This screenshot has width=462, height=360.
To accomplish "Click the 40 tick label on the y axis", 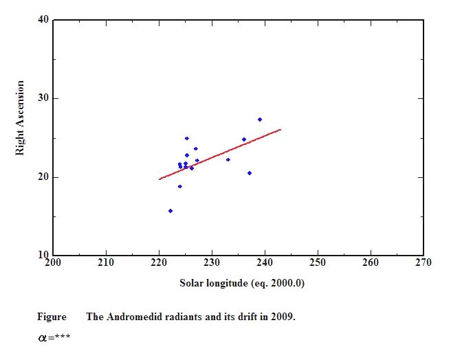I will (43, 19).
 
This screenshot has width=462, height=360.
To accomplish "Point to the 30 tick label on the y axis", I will (43, 98).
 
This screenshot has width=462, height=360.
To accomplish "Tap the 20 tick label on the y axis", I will (43, 177).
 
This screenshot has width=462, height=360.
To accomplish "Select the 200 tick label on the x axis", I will (53, 262).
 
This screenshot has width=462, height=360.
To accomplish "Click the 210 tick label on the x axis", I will (106, 262).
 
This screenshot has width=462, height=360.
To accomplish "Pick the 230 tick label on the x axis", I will (212, 262).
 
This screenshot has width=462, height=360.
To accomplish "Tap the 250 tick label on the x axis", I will (318, 262).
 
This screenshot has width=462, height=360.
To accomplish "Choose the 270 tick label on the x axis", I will (423, 262).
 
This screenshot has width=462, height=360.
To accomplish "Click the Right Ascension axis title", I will (20, 117).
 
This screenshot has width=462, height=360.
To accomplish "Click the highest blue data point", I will (260, 120).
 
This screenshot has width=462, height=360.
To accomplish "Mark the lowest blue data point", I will (170, 211).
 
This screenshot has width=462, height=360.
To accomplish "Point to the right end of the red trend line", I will (280, 129).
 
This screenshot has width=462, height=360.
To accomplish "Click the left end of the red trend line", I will (159, 179).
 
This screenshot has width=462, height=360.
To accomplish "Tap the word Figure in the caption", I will (52, 317).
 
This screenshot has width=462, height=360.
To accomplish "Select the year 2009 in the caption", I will (283, 317).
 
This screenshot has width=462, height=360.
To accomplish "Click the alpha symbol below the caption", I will (42, 338).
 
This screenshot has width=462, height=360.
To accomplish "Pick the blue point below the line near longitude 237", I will (250, 173).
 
